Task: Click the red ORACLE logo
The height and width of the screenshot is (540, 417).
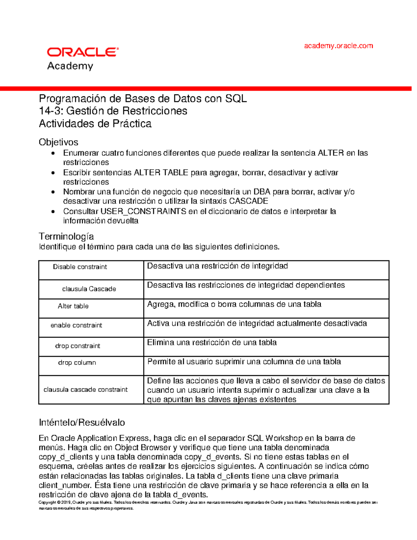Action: (x=83, y=52)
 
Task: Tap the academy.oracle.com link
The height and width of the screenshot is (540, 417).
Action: (x=338, y=46)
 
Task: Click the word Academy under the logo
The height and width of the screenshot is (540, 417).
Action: (x=70, y=66)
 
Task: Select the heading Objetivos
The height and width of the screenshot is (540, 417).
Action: (x=58, y=142)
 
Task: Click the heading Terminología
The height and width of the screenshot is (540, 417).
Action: (x=66, y=236)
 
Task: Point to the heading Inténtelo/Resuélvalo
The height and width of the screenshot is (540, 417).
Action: (x=82, y=422)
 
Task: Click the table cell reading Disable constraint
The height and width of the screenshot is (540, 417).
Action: (x=80, y=267)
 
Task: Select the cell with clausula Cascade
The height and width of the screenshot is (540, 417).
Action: (x=89, y=289)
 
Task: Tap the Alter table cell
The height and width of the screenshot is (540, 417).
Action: (x=73, y=306)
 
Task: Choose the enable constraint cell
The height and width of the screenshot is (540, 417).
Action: (x=76, y=325)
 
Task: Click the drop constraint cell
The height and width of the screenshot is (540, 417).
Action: (x=77, y=346)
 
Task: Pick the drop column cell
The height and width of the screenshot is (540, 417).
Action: (x=77, y=363)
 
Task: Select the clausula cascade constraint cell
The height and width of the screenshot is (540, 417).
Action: (x=85, y=390)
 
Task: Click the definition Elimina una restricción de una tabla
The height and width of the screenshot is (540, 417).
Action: (x=212, y=342)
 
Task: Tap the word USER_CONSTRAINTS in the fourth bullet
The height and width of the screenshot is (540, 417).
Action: (x=143, y=211)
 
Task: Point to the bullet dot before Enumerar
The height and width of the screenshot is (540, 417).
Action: (x=53, y=153)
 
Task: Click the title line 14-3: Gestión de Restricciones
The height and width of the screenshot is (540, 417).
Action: (x=113, y=111)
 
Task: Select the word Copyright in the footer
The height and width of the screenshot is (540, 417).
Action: (x=47, y=502)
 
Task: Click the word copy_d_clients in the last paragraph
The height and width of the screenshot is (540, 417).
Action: (x=66, y=457)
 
